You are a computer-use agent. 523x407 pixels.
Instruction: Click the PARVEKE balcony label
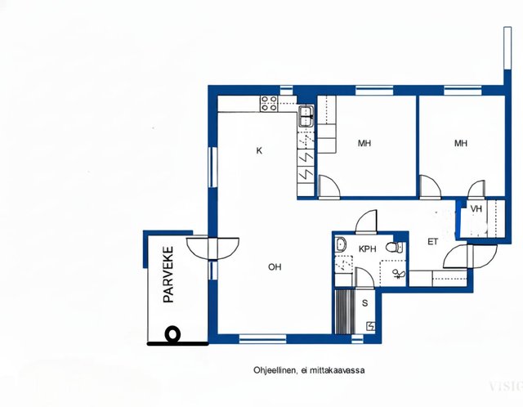click(168, 275)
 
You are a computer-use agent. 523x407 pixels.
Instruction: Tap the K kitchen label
click(259, 151)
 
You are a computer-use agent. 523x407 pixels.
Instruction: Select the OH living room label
click(275, 267)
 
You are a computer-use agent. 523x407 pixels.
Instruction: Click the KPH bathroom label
click(367, 249)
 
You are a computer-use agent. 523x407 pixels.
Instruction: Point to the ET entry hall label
click(432, 242)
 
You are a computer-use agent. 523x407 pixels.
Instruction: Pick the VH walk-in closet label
click(476, 209)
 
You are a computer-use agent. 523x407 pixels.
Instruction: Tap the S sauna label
click(365, 303)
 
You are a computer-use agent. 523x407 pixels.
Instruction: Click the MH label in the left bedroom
click(364, 144)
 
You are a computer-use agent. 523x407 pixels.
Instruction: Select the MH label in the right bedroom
click(461, 144)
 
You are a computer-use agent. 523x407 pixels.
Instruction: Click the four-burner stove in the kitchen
click(269, 104)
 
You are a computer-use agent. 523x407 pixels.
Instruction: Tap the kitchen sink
click(306, 116)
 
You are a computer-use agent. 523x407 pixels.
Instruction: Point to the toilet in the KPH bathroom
click(394, 247)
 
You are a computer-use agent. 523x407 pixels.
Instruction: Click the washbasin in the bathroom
click(340, 244)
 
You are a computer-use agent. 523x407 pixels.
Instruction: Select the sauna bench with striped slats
click(344, 311)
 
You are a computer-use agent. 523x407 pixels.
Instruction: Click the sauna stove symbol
click(370, 326)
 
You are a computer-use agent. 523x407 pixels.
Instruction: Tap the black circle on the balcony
click(172, 334)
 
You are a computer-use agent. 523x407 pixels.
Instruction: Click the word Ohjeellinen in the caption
click(275, 370)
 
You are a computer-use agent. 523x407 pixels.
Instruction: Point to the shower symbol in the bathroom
click(399, 274)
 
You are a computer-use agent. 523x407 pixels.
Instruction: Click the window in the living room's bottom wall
click(263, 339)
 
